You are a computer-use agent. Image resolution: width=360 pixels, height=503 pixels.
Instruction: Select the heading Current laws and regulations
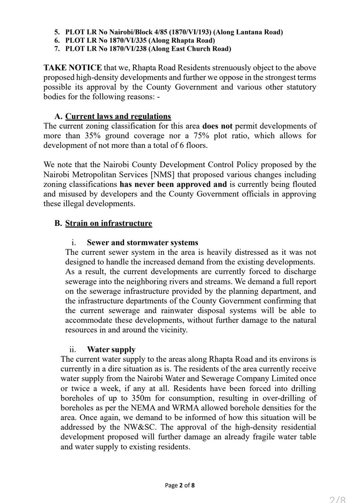tap(118, 116)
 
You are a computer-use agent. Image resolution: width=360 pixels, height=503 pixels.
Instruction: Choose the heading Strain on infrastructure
tap(108, 223)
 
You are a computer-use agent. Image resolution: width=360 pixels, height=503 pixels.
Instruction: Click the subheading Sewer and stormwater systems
tap(143, 243)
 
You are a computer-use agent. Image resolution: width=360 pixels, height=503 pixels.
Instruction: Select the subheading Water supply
tap(111, 349)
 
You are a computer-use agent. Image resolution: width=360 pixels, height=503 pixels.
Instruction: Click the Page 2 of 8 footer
tap(180, 486)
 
